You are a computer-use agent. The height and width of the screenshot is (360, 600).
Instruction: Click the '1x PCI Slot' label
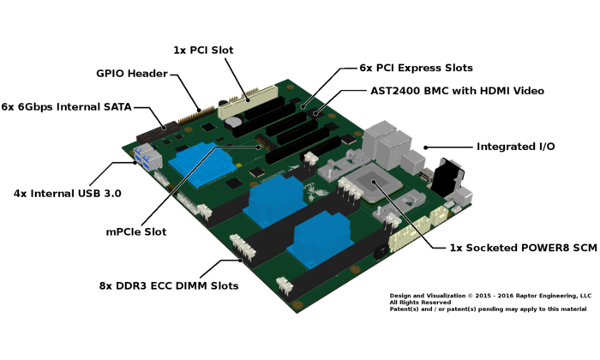coord(203,50)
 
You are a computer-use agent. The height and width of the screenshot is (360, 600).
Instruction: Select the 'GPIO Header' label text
coord(132,74)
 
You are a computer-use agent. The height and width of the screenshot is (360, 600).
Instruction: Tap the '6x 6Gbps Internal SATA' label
coord(67,107)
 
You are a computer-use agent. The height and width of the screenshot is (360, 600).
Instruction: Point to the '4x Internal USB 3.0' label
coord(68,194)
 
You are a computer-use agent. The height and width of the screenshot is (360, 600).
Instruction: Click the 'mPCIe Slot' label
coord(136,231)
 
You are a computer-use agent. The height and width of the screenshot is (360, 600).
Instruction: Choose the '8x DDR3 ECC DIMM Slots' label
coord(169,285)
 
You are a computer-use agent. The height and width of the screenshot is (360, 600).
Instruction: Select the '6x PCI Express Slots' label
coord(416,68)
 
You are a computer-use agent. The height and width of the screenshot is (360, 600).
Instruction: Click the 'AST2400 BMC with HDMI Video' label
coord(457,91)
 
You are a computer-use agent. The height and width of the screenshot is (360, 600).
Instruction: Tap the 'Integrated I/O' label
coord(515,147)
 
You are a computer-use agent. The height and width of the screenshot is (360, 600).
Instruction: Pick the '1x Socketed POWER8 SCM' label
coord(523,248)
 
